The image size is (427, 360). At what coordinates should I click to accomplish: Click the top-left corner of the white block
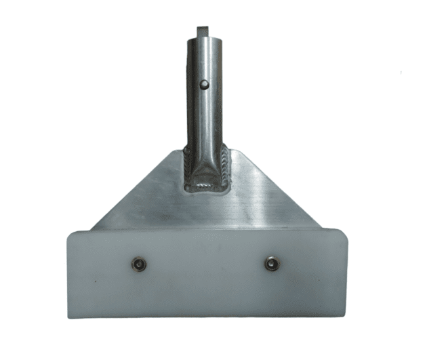pyautogui.click(x=69, y=233)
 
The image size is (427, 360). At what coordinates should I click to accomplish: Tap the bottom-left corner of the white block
pyautogui.click(x=73, y=316)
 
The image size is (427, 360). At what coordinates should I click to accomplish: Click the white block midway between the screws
pyautogui.click(x=206, y=264)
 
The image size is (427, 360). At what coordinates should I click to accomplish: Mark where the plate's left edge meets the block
pyautogui.click(x=93, y=228)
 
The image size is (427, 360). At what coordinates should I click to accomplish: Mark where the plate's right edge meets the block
pyautogui.click(x=319, y=227)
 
